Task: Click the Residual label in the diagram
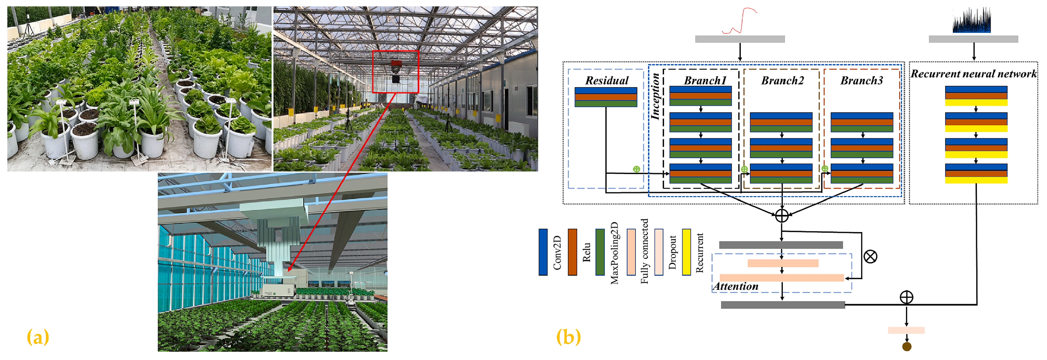(606, 80)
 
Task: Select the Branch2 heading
(782, 80)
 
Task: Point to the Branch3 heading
(862, 80)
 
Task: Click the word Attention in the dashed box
(736, 286)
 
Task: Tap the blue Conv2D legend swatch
(543, 252)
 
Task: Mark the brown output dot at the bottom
(906, 347)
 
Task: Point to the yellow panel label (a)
(38, 337)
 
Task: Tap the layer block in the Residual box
(606, 97)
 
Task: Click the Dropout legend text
(672, 252)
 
